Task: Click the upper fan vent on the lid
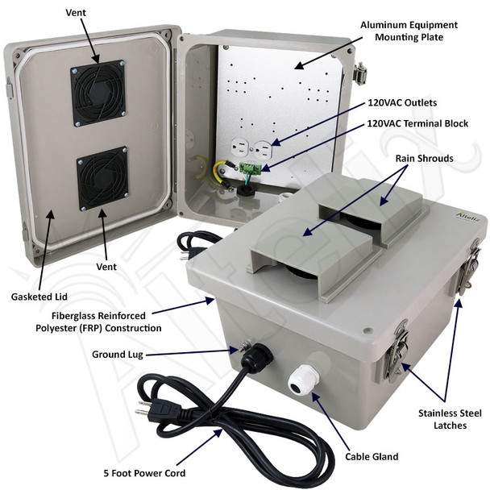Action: (x=98, y=93)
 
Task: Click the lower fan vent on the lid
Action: (x=102, y=179)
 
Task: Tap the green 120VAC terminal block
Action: (x=251, y=168)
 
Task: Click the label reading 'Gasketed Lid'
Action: (x=39, y=297)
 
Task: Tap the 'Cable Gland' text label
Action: (x=372, y=457)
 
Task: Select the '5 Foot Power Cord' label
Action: (x=144, y=473)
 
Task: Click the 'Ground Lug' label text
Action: (x=118, y=355)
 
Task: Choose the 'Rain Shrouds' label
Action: (x=425, y=158)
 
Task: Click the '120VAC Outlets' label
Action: (x=402, y=102)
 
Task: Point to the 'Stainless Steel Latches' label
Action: (x=450, y=419)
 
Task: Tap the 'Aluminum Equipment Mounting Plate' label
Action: (x=409, y=31)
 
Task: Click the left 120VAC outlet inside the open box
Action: (x=240, y=147)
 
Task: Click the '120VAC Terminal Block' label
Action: (x=417, y=123)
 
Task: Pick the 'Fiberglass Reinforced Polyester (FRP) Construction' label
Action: (x=98, y=322)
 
